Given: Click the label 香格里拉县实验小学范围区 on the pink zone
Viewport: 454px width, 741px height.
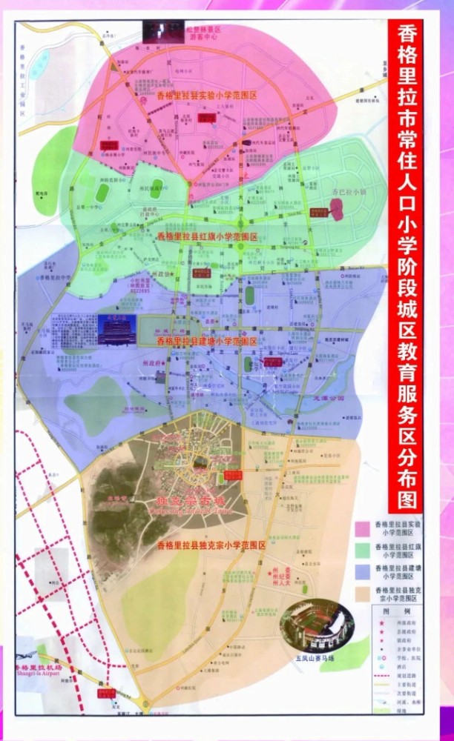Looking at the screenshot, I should click(x=195, y=96).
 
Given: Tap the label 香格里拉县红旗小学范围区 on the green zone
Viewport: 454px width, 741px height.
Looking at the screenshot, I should click(x=207, y=236).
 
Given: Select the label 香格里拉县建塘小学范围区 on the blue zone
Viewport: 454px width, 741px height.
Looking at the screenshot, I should click(x=207, y=342).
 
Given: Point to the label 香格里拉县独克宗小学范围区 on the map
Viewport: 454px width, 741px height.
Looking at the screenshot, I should click(x=211, y=545).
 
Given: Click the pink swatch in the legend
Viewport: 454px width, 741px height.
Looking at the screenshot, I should click(x=364, y=528).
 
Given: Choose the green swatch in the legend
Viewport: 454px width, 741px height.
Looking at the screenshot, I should click(x=364, y=550).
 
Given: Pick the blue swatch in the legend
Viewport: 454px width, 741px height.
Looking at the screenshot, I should click(x=364, y=571).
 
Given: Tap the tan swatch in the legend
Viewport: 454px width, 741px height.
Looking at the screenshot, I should click(x=364, y=594).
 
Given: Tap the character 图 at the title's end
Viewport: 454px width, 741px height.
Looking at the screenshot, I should click(x=406, y=498).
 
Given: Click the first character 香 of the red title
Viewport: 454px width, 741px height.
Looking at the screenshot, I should click(x=406, y=35).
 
